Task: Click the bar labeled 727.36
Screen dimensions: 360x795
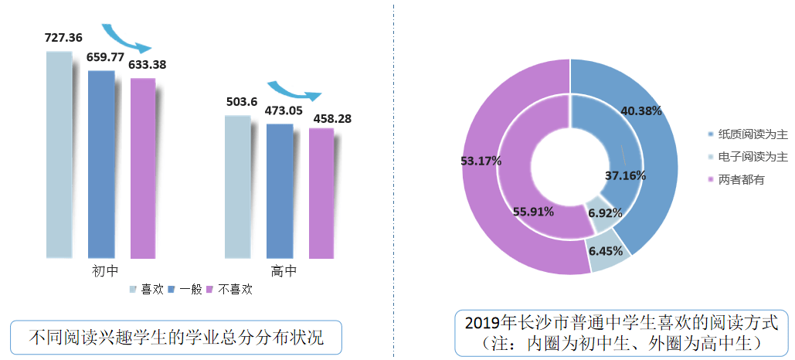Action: point(59,155)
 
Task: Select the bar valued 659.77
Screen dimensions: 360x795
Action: point(101,164)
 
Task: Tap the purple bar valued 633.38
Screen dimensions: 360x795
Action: point(143,168)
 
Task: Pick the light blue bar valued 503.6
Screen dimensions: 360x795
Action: point(237,187)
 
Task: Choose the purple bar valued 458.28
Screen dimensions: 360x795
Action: point(321,193)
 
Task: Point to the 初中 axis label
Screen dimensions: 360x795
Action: point(104,272)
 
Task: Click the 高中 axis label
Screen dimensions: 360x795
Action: point(284,272)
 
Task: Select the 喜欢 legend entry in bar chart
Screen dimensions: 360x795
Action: point(147,290)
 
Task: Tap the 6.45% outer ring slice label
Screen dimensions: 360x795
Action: point(604,251)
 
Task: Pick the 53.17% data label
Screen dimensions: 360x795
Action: point(481,161)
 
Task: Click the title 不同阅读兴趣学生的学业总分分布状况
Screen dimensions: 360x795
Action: point(175,338)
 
